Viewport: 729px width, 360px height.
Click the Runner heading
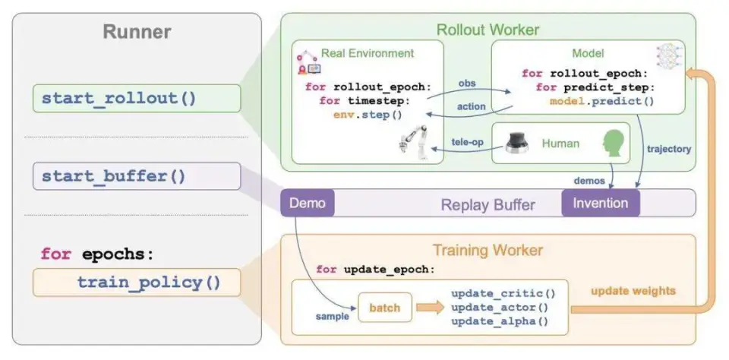click(x=137, y=32)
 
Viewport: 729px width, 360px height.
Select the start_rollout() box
click(x=137, y=98)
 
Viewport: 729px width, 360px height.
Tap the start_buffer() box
click(x=137, y=176)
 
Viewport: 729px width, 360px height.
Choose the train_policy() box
click(x=137, y=283)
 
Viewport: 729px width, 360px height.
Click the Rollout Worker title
click(x=487, y=30)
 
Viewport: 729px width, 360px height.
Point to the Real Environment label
click(x=368, y=53)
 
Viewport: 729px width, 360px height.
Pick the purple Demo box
click(x=307, y=203)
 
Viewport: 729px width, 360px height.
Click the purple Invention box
click(x=600, y=203)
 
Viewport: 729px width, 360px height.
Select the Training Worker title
click(x=487, y=250)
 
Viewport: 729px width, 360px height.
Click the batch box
click(x=384, y=308)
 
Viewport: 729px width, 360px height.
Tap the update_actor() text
click(x=498, y=307)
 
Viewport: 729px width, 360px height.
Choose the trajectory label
click(x=669, y=149)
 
